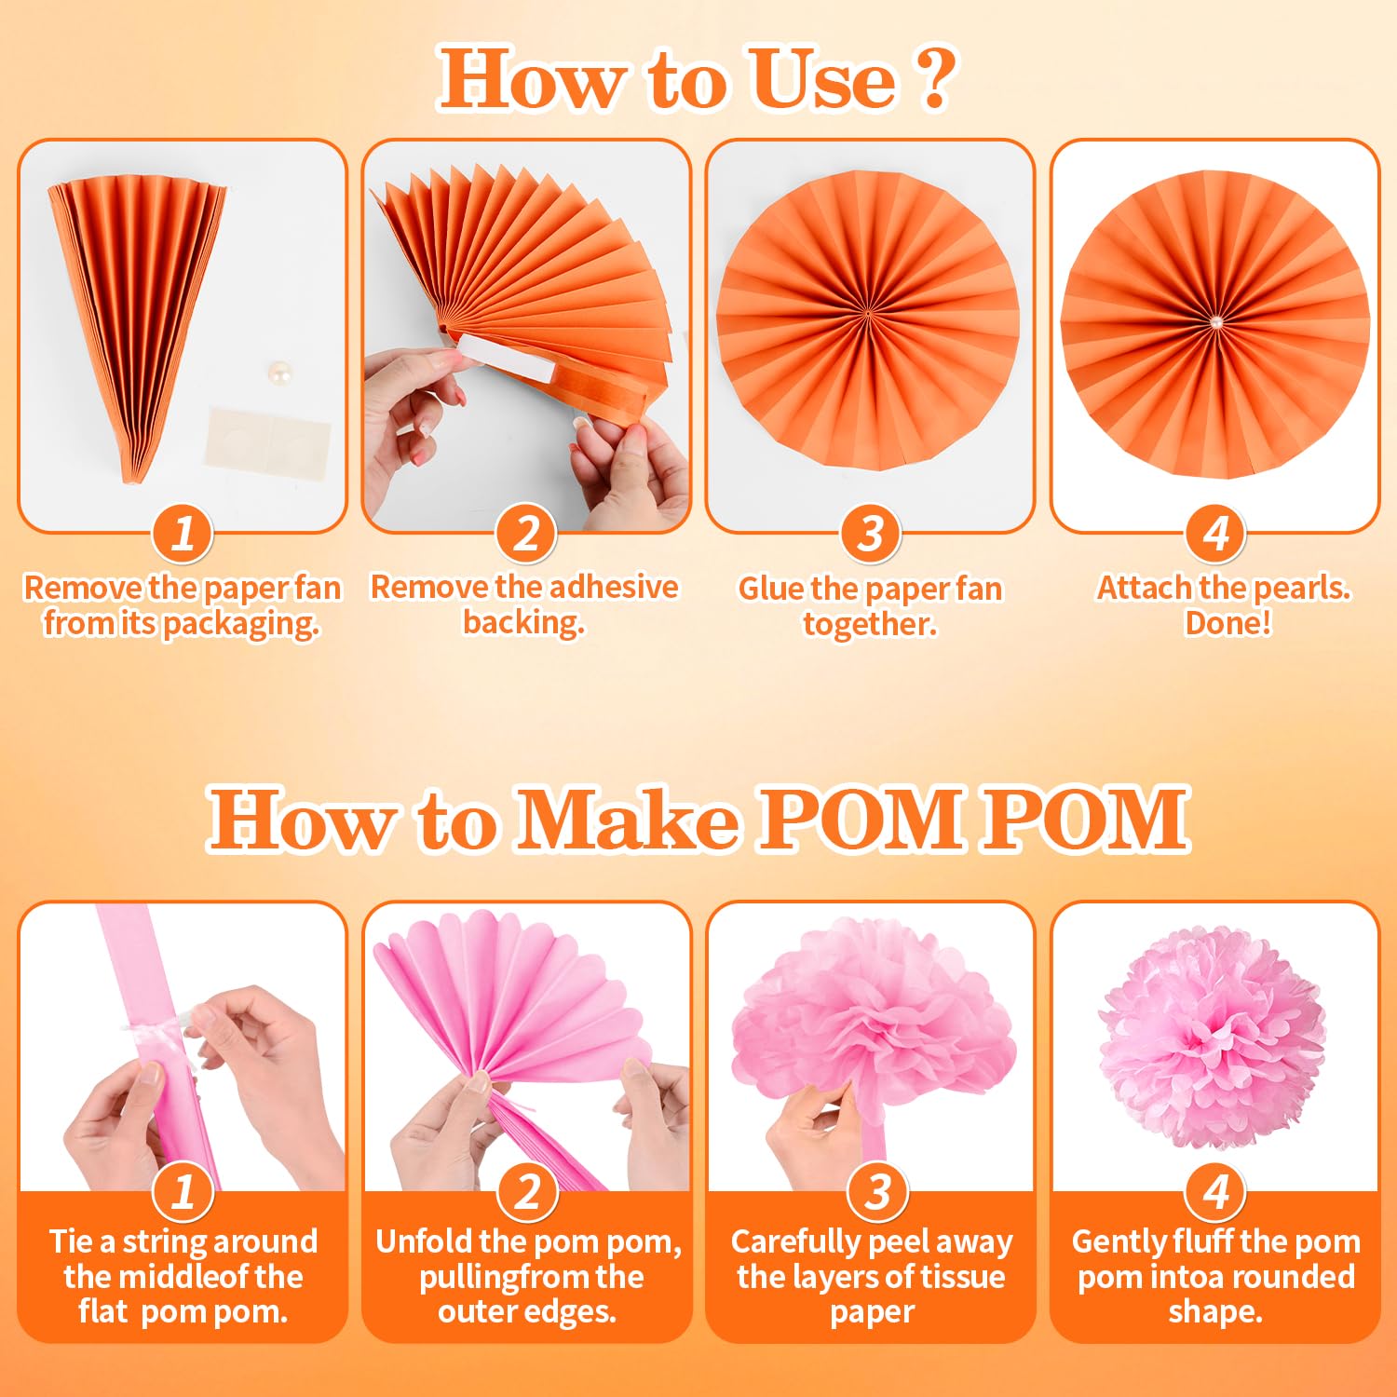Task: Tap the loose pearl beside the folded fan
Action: pos(278,374)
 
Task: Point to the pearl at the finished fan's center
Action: pos(1215,322)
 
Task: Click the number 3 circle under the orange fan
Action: pos(870,534)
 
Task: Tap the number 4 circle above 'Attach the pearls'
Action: pos(1215,534)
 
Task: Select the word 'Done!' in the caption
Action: pos(1227,623)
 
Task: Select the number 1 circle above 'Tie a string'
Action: pos(183,1191)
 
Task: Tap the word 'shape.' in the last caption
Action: pos(1215,1312)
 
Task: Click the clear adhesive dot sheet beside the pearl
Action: pos(267,440)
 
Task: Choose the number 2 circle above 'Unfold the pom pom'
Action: pos(527,1191)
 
